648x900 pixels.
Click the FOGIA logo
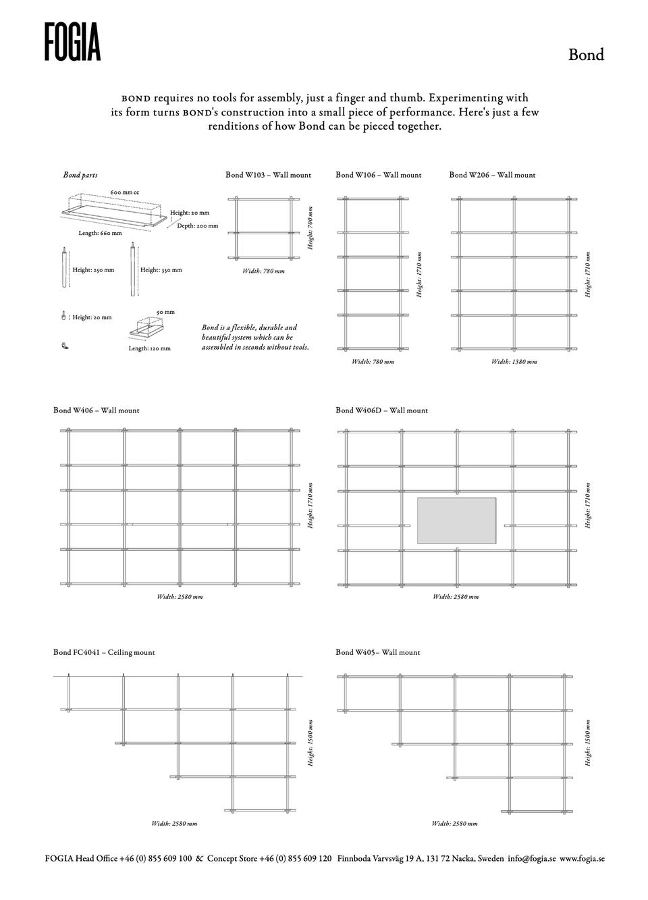tap(73, 42)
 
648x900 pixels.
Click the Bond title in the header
tap(585, 55)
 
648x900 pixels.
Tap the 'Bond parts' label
tap(80, 176)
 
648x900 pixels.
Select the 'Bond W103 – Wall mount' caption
tap(268, 175)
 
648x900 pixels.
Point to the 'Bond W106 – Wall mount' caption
tap(378, 175)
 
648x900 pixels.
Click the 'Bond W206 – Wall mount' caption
tap(492, 175)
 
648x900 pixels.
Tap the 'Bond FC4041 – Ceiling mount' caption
tap(104, 653)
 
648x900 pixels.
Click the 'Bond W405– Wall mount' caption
tap(377, 653)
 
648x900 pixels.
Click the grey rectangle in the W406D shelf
tap(456, 521)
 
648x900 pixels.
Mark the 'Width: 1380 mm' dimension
tap(514, 362)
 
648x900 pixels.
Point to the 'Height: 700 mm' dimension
tap(310, 228)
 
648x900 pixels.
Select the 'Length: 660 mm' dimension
tap(100, 234)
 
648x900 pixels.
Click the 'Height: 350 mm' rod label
tap(161, 270)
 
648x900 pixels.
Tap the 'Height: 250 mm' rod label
tap(93, 270)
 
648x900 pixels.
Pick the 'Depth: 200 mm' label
tap(197, 226)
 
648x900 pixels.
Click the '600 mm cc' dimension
tap(125, 193)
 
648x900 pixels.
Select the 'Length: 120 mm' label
tap(149, 349)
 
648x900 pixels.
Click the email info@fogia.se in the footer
tap(532, 859)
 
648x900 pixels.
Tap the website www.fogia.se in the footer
tap(582, 859)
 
